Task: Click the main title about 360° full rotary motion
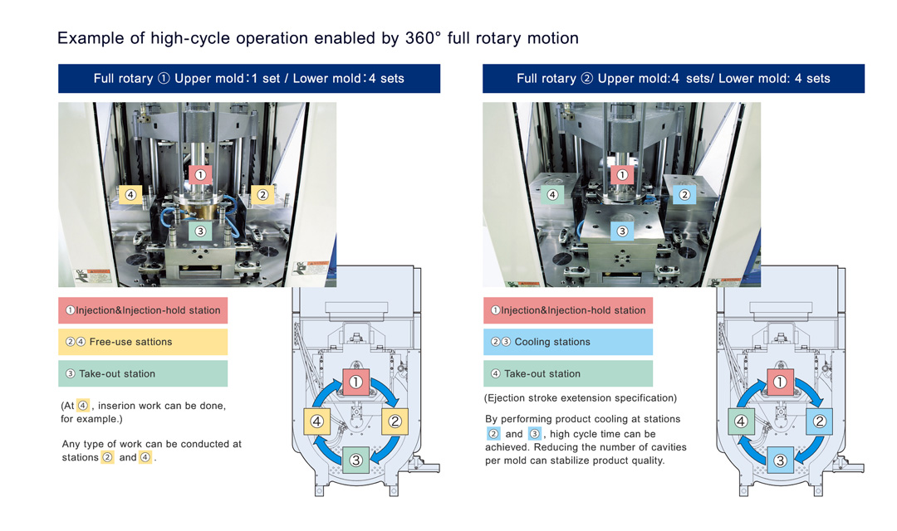tap(317, 38)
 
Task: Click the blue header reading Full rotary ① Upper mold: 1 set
tap(249, 79)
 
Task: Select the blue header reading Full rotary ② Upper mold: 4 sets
tap(673, 79)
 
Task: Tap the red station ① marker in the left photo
tap(199, 174)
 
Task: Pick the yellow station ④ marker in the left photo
tap(130, 195)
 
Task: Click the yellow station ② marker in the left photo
tap(262, 195)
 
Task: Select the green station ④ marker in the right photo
tap(551, 196)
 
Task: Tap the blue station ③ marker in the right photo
tap(621, 231)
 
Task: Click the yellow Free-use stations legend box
tap(143, 342)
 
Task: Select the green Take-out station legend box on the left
tap(143, 373)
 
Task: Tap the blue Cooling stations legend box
tap(568, 342)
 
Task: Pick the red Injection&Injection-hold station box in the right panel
tap(568, 310)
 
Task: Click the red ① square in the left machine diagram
tap(355, 382)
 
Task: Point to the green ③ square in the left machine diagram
tap(355, 460)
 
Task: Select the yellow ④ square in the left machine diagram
tap(316, 421)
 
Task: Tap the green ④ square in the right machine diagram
tap(741, 421)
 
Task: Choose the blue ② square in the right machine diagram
tap(819, 421)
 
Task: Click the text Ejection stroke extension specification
tap(580, 398)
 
